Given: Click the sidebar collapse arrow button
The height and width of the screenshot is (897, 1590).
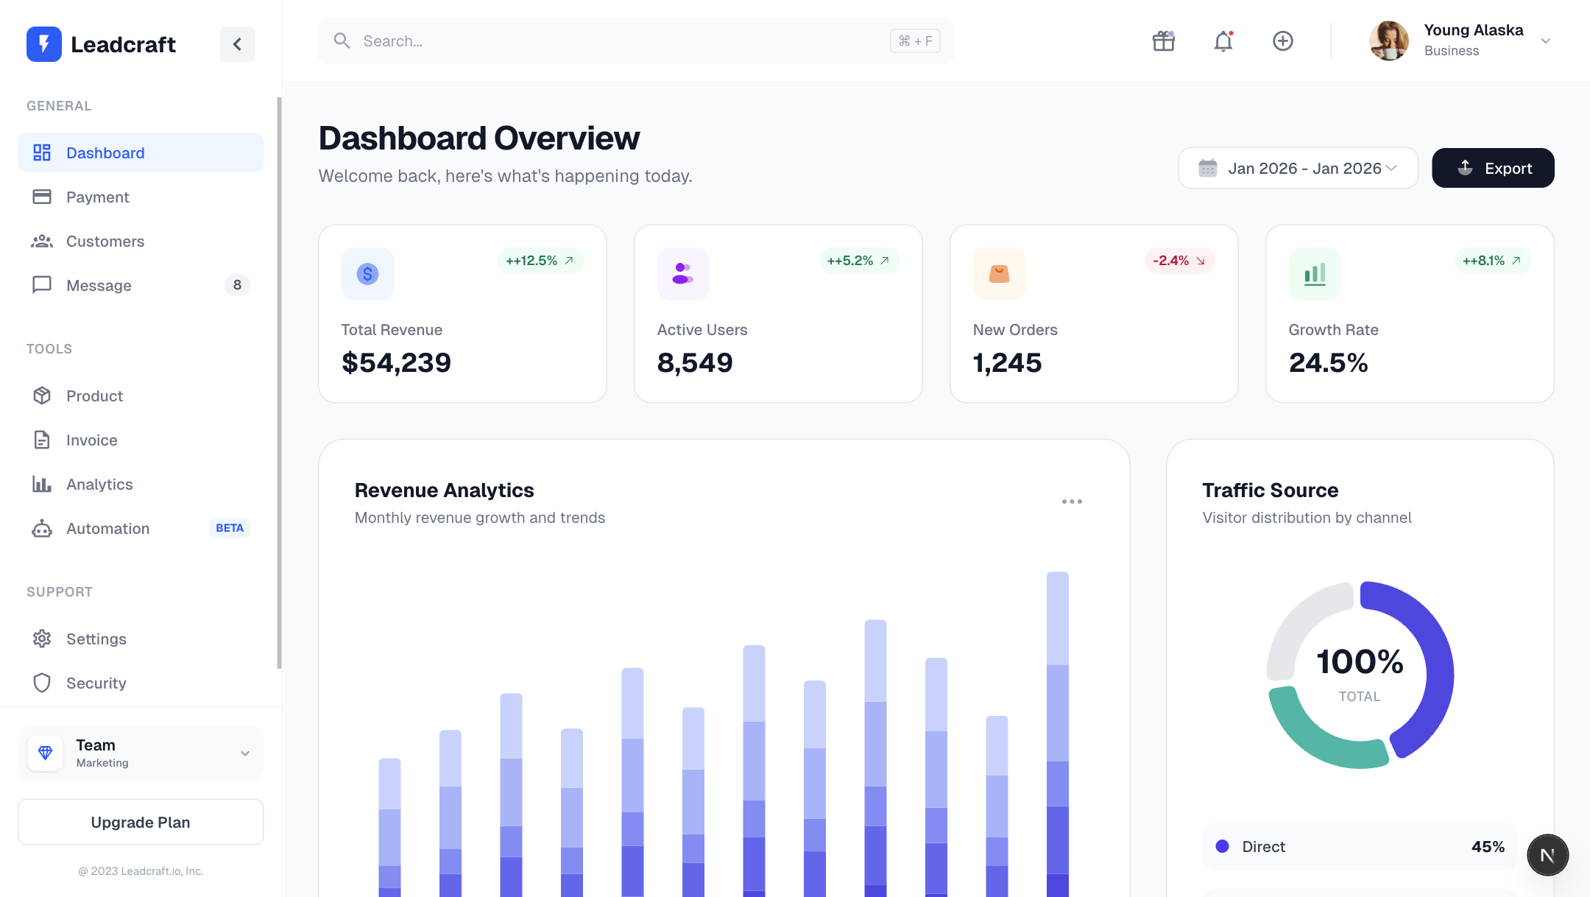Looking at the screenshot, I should (237, 44).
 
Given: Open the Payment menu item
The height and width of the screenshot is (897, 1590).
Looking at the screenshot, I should (97, 197).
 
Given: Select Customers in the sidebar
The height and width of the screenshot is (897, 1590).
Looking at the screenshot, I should (105, 242).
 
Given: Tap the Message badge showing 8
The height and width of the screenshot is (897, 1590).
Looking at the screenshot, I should (237, 285).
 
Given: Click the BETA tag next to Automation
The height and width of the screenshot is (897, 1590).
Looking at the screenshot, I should (230, 528).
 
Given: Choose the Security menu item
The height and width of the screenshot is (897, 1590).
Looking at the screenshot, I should (96, 683).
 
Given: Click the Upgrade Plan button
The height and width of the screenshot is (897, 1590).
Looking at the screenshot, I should (141, 822).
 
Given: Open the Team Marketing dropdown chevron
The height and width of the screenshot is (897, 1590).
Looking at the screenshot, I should (245, 753).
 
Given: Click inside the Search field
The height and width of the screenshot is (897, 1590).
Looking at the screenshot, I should (618, 41).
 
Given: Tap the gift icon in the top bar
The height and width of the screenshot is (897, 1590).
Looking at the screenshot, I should (1164, 41).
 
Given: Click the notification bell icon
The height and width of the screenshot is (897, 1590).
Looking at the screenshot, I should (1223, 41).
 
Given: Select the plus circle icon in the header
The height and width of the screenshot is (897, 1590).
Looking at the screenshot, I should (1283, 41).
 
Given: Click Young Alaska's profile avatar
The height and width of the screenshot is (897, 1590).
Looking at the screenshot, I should (1389, 41).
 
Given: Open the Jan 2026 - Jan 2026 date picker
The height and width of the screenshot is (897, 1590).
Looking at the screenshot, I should (1298, 169).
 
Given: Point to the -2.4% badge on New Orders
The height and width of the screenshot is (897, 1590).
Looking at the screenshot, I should (1179, 261).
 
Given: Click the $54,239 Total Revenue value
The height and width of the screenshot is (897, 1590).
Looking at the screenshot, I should (396, 362).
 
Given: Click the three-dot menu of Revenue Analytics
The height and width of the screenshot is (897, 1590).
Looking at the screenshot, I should (1072, 502).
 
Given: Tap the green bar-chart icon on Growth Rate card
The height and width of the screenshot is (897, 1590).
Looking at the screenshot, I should (1315, 274).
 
